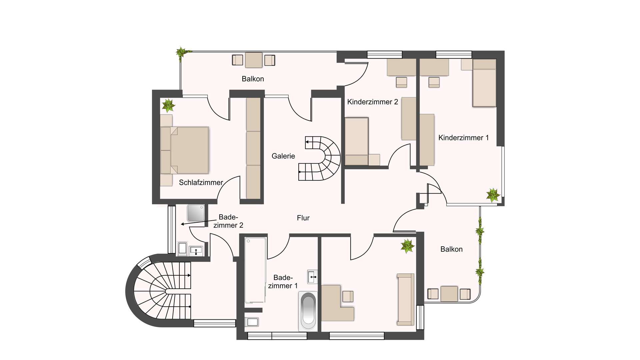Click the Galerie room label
click(x=283, y=156)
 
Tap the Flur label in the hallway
click(x=303, y=218)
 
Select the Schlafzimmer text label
click(x=201, y=183)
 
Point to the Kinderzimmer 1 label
click(x=463, y=138)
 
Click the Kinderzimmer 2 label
click(x=373, y=102)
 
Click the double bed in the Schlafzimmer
click(x=185, y=150)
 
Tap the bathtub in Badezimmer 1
click(x=308, y=311)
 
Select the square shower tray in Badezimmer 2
click(x=196, y=213)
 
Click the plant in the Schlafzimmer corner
click(x=168, y=105)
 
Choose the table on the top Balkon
click(x=254, y=60)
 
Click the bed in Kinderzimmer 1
click(x=484, y=83)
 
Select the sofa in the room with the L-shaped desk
click(x=406, y=299)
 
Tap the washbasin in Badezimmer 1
click(x=312, y=277)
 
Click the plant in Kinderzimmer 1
click(x=493, y=195)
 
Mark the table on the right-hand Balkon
click(x=449, y=294)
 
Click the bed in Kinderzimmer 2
click(x=356, y=141)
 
